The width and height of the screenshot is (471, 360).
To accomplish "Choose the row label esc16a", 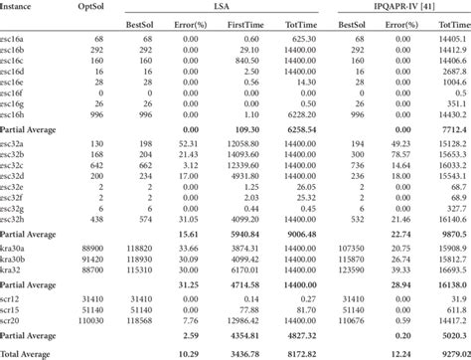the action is tap(17, 39).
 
